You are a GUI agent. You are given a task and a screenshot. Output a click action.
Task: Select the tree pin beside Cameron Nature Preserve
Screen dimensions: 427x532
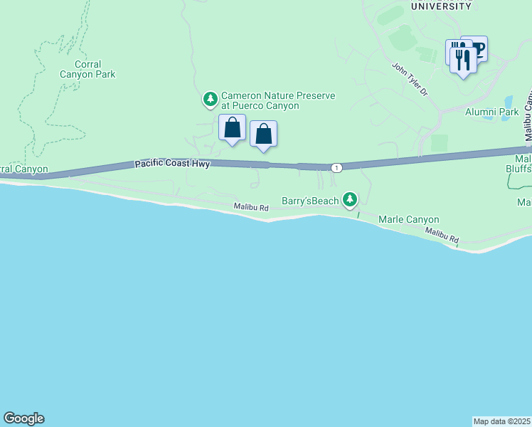[210, 99]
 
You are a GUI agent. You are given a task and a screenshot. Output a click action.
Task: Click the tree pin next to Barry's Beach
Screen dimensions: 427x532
[349, 200]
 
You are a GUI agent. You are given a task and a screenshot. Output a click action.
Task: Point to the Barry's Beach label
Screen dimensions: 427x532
[310, 201]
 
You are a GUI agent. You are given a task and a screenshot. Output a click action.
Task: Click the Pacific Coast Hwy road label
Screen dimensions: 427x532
[172, 164]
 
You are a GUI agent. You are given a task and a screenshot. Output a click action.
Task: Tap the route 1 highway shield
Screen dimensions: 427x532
[336, 167]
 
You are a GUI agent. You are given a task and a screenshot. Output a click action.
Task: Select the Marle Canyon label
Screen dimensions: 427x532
[408, 219]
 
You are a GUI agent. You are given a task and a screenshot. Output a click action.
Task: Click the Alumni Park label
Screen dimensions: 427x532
[491, 112]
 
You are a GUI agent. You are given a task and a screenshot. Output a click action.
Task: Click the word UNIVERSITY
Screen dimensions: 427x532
[441, 6]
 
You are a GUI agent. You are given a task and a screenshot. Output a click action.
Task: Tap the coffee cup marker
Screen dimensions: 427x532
[476, 48]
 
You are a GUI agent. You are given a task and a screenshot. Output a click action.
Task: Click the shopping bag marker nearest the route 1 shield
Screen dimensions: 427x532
[263, 134]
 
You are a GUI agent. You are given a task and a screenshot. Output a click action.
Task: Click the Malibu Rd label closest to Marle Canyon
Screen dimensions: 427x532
[442, 236]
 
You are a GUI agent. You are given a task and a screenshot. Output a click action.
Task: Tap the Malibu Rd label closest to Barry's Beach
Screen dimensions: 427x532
[251, 207]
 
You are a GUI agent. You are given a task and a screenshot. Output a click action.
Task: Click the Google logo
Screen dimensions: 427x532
[23, 418]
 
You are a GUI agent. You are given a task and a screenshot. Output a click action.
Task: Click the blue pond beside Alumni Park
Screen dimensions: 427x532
[508, 102]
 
